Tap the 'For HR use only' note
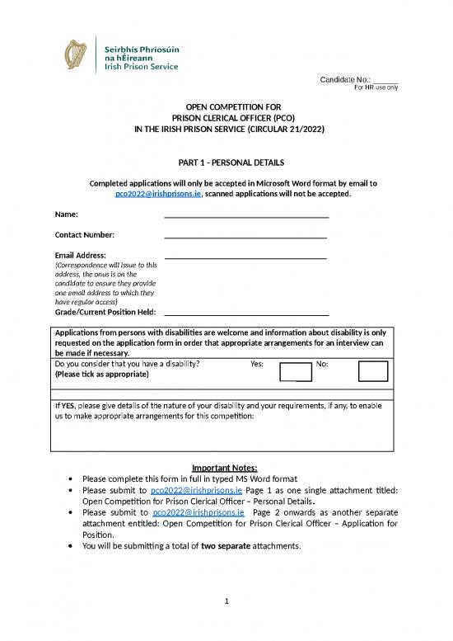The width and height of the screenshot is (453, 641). pos(376,87)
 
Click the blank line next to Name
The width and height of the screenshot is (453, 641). pos(246,215)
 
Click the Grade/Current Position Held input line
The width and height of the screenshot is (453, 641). pos(246,314)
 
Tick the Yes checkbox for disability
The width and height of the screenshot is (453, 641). pos(296,371)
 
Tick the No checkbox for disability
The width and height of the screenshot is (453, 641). pos(373,371)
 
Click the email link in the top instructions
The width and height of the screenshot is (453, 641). pos(158,195)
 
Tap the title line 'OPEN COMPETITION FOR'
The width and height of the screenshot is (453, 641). pos(226,106)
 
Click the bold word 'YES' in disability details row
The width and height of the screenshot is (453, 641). pos(68,406)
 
